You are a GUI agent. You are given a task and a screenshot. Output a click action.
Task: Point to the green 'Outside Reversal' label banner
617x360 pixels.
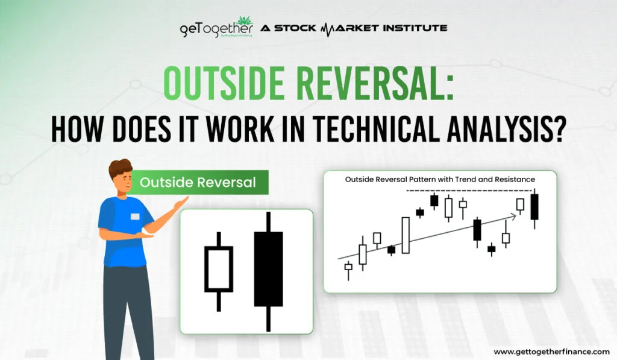click(x=199, y=182)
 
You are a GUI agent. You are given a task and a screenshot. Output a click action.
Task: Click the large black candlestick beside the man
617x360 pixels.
click(x=268, y=268)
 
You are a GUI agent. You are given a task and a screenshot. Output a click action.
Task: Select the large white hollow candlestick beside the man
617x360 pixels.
click(x=218, y=268)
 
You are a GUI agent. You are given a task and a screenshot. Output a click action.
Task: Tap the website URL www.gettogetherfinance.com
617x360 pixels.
click(x=551, y=351)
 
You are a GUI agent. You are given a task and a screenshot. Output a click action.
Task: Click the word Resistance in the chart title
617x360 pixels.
click(x=512, y=179)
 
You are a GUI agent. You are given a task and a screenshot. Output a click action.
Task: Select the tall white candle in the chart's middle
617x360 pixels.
click(x=406, y=235)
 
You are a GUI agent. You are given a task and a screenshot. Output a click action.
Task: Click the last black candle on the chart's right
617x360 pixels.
click(x=534, y=206)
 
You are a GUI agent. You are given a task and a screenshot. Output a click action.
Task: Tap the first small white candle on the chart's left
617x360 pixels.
click(x=348, y=267)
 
